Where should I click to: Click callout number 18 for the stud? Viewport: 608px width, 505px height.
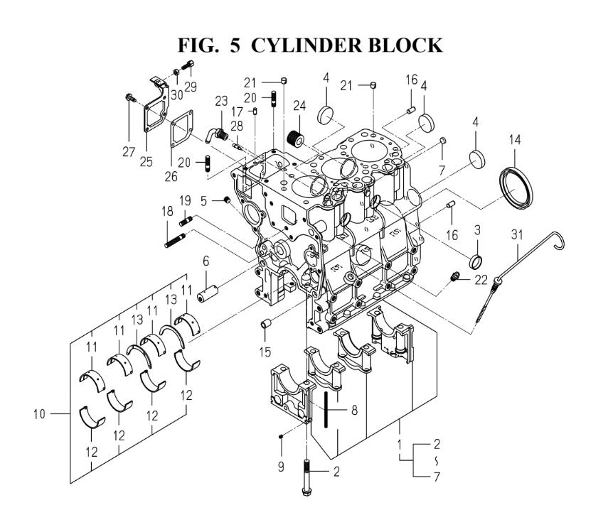tap(168, 211)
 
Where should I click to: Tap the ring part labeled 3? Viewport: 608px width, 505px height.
tap(476, 254)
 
